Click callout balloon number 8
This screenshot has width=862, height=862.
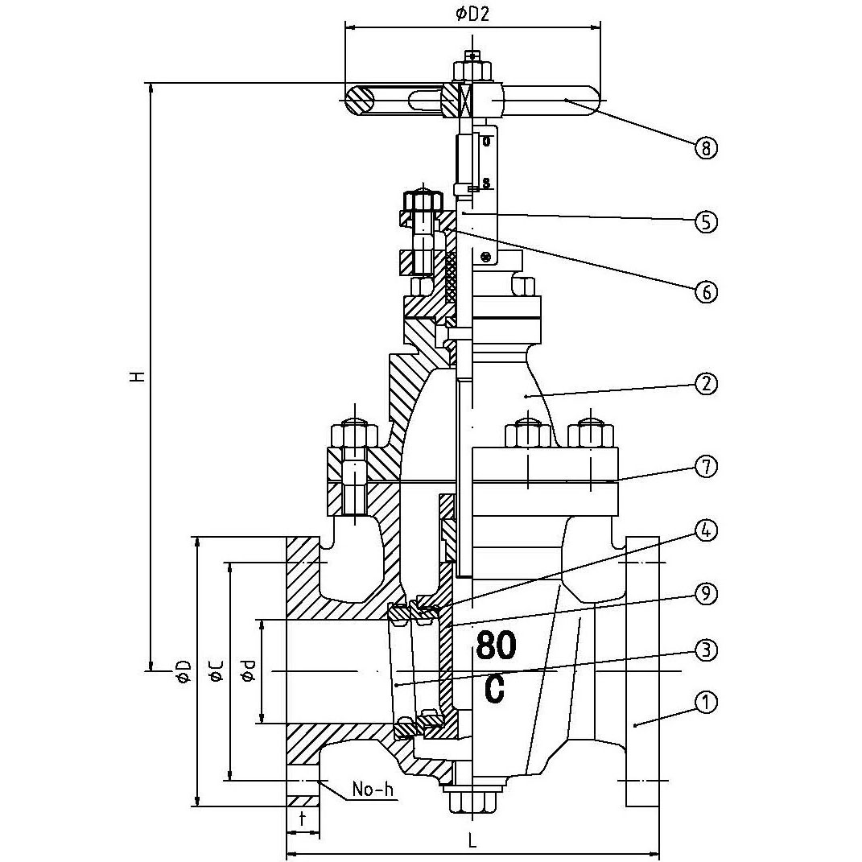(705, 148)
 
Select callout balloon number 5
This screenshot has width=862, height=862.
(705, 221)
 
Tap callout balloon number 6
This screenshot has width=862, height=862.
(705, 291)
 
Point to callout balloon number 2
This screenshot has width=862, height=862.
(705, 384)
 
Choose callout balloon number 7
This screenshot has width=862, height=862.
(705, 466)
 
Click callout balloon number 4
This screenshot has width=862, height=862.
(705, 531)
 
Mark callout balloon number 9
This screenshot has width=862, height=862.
(705, 594)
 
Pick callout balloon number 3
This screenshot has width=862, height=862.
(705, 650)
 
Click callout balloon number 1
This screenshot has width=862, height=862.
(705, 702)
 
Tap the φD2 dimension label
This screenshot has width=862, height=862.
(472, 13)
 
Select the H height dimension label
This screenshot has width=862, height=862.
(139, 376)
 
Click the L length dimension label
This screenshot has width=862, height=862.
(473, 841)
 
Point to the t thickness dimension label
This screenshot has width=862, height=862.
(302, 819)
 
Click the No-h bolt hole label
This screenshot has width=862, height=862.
(373, 790)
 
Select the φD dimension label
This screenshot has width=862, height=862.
(184, 671)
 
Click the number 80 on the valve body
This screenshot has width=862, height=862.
(497, 645)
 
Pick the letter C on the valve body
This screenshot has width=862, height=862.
(495, 689)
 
